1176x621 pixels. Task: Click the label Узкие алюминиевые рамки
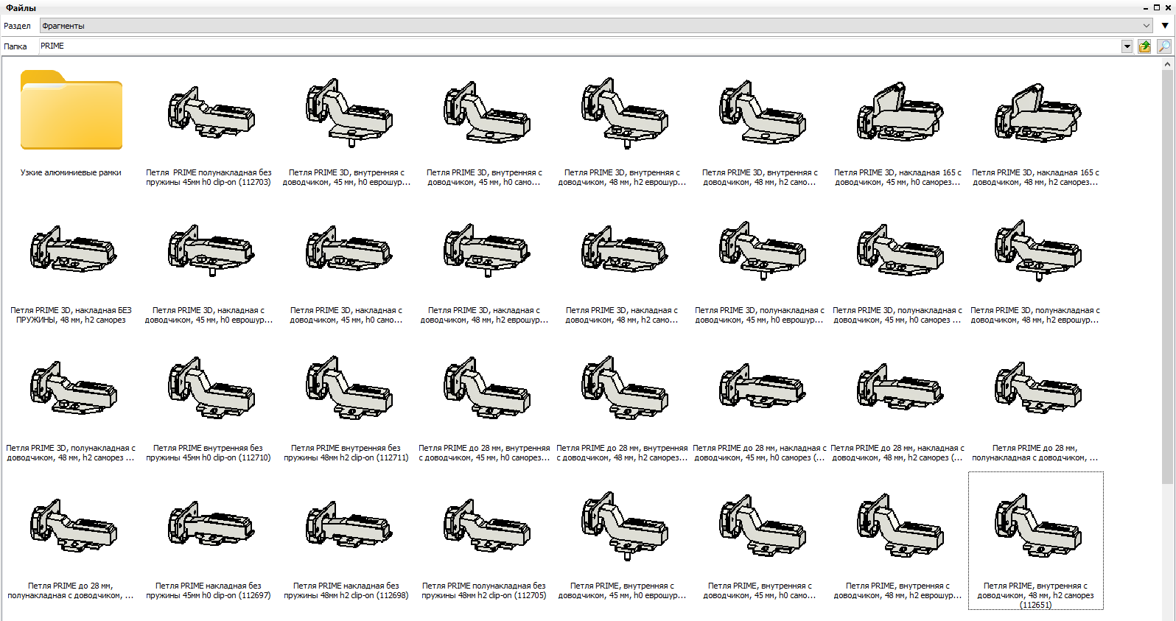point(71,172)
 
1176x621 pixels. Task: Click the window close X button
point(1168,7)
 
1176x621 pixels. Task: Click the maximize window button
point(1157,7)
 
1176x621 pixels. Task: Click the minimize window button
point(1146,8)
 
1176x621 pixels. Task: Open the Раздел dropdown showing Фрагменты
point(596,26)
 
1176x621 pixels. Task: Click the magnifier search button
point(1164,46)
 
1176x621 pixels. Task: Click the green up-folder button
point(1144,46)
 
